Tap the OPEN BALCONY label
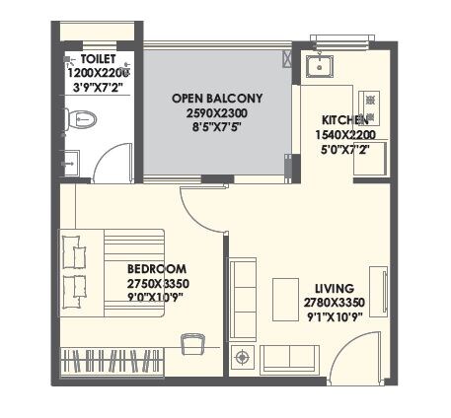[216, 98]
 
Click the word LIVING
[328, 288]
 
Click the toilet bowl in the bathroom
[83, 120]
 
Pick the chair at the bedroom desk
[192, 341]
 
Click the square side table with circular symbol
[243, 356]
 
